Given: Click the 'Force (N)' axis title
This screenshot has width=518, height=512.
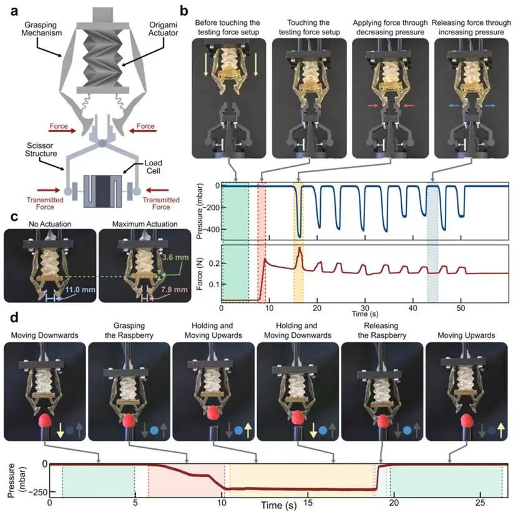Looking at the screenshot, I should click(x=198, y=273).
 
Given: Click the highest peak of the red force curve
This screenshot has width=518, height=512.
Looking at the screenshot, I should click(x=300, y=249).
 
